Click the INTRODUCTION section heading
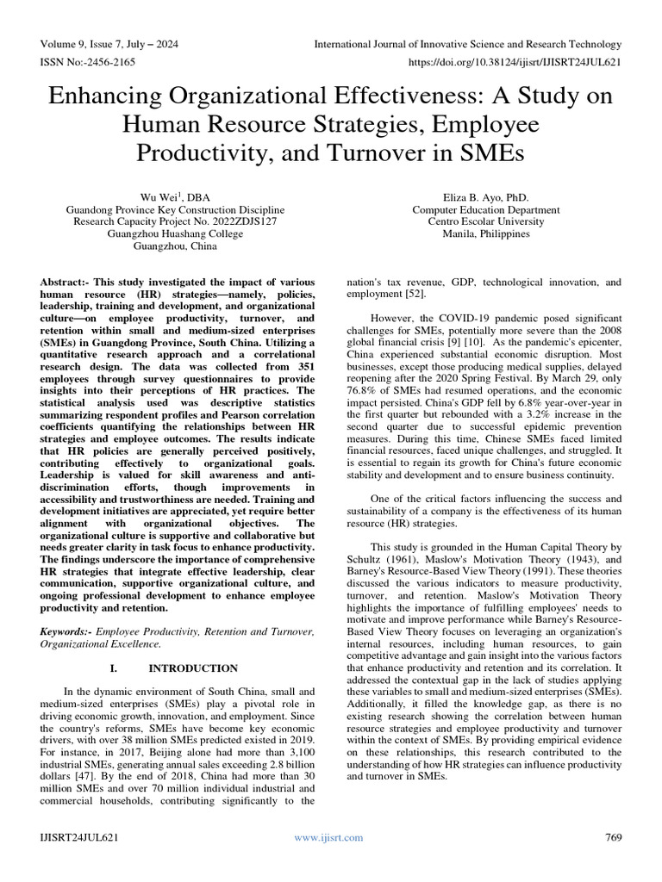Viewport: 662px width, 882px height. tap(193, 668)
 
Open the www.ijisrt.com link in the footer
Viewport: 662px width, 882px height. tap(328, 837)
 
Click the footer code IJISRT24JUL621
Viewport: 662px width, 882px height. tap(80, 837)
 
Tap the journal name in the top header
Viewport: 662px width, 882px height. tap(467, 45)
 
